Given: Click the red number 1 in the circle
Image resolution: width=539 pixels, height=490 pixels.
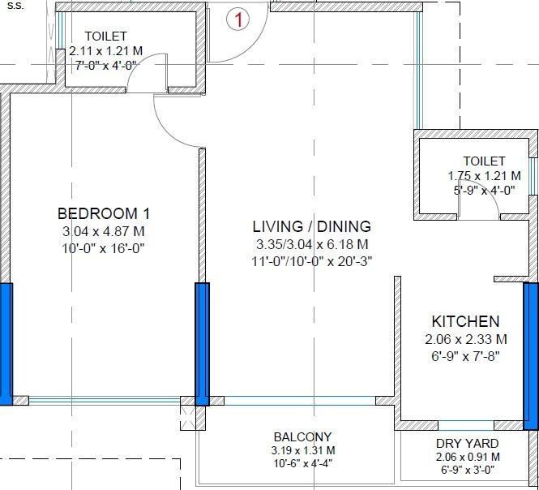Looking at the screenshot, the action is click(x=237, y=19).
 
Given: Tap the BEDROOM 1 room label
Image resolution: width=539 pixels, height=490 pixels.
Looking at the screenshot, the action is click(x=104, y=213).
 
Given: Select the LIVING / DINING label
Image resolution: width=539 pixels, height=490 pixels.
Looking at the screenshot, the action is click(x=312, y=226).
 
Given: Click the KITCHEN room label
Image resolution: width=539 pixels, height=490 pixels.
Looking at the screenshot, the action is click(x=465, y=321).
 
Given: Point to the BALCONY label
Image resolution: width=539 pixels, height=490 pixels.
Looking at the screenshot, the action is click(x=303, y=437).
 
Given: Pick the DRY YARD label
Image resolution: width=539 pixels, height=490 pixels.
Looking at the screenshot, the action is click(x=468, y=444).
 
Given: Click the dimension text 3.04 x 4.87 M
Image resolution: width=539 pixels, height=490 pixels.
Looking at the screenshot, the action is click(x=104, y=231).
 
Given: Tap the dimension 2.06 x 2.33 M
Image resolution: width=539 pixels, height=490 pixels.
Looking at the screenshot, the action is click(x=466, y=339).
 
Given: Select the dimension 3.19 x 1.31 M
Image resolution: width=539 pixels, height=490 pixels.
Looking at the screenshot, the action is click(x=303, y=450).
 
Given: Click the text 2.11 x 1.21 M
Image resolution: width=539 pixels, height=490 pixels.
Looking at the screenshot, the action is click(x=106, y=51).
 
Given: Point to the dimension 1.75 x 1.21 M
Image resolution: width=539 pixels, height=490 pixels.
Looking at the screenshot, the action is click(x=484, y=176).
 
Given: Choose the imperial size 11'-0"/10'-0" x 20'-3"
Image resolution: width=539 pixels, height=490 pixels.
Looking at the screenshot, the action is click(x=312, y=261).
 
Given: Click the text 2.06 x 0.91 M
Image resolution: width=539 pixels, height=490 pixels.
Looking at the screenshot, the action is click(x=468, y=457).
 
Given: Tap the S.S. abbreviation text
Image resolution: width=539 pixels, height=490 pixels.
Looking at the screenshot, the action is click(x=15, y=6).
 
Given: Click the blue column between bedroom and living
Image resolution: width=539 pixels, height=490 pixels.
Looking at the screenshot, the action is click(x=202, y=344).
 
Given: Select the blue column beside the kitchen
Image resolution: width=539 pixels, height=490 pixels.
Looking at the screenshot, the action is click(x=531, y=356).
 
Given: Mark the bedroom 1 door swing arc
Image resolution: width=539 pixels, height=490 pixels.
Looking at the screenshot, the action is click(x=169, y=132).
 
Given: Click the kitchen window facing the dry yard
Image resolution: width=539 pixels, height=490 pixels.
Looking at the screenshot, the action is click(x=466, y=425).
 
